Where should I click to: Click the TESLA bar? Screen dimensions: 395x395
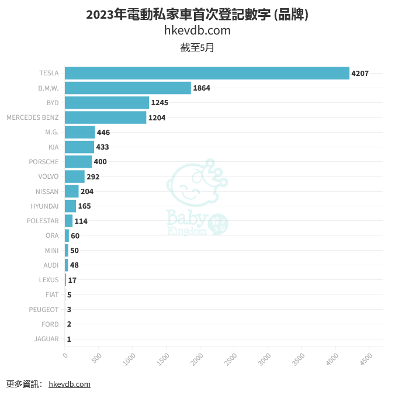pos(207,73)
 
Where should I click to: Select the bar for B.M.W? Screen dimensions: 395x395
pos(128,88)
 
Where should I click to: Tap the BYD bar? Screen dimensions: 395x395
pos(107,103)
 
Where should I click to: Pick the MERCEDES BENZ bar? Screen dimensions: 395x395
pos(106,117)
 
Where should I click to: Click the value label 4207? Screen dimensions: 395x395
pos(360,73)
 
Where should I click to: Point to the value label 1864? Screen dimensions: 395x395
pos(202,88)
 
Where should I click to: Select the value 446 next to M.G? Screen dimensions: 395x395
pos(103,133)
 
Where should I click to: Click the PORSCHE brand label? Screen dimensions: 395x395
pos(44,162)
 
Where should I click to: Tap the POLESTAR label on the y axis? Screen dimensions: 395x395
pos(43,221)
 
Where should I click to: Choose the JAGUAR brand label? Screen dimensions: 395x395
pos(46,339)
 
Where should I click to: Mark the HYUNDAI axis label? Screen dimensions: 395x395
pos(44,206)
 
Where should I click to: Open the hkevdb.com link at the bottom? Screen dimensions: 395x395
pos(70,384)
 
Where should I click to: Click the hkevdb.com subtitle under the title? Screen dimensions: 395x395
pos(197,30)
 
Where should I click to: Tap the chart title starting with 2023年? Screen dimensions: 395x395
pos(197,15)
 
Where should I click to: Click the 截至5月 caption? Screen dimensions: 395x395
pos(197,48)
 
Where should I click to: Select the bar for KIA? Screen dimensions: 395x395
pos(79,147)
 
